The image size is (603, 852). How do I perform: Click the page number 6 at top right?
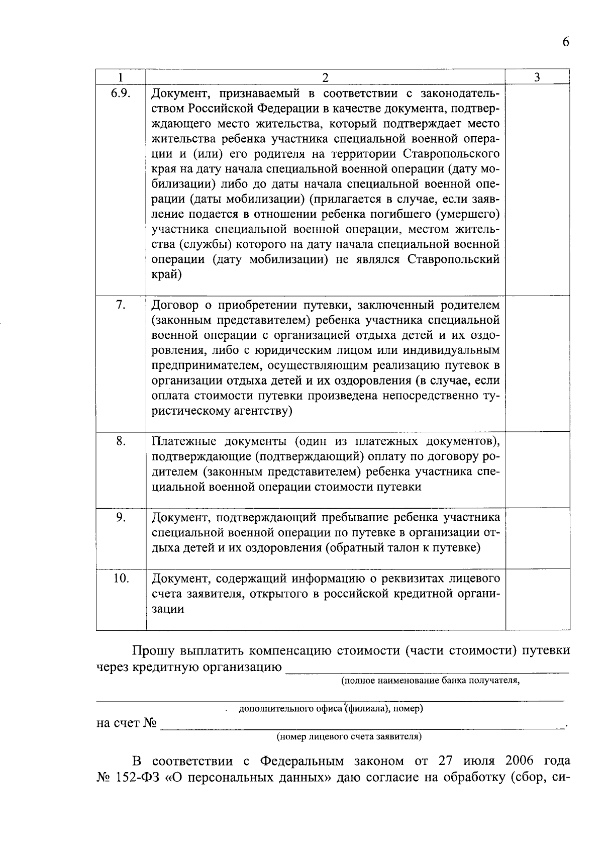click(566, 42)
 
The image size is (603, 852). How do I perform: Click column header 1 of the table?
click(121, 77)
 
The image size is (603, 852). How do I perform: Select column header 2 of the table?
click(325, 77)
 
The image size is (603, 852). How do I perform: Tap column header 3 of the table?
click(537, 77)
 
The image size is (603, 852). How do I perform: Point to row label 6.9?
click(121, 93)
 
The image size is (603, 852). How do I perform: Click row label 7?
click(121, 305)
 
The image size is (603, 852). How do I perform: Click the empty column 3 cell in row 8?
click(537, 470)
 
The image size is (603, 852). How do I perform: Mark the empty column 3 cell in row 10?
click(537, 599)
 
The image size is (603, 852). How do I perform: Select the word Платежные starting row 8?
click(184, 441)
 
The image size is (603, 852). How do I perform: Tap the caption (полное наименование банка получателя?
click(430, 681)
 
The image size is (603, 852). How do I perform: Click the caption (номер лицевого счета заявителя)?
click(349, 737)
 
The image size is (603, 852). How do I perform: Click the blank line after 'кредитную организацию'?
click(427, 668)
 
